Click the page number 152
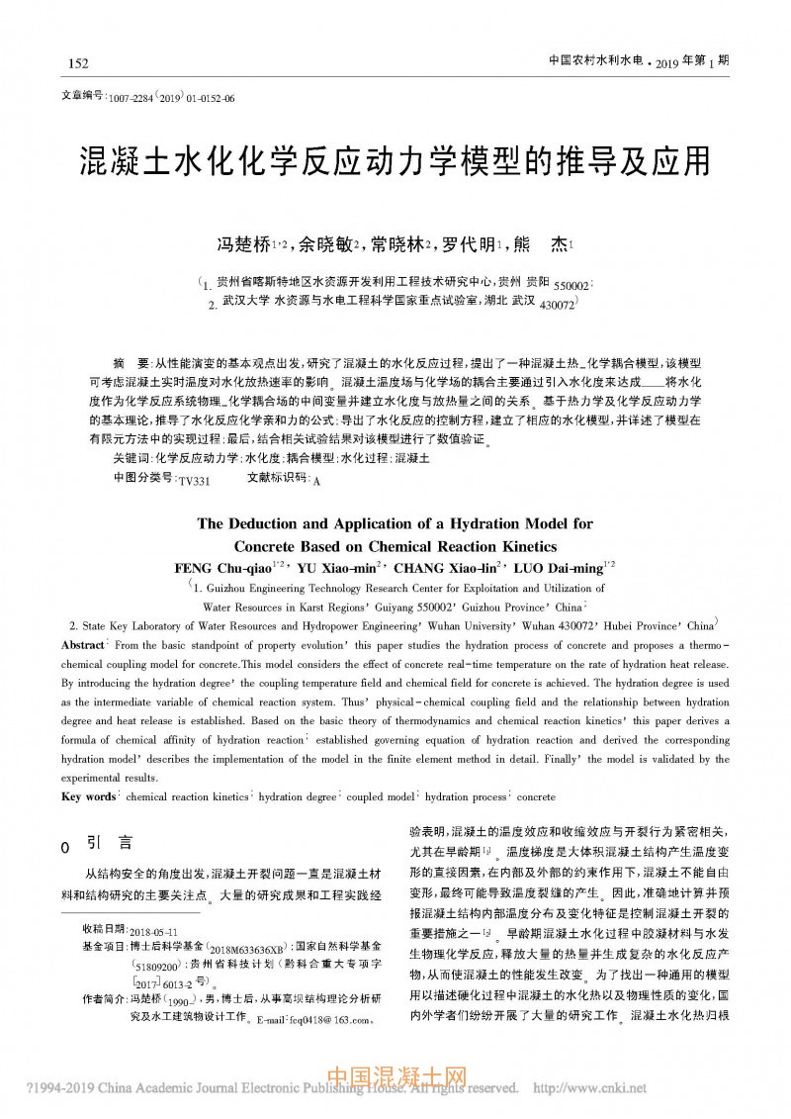[78, 64]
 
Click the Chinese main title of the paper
[395, 161]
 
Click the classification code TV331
[194, 480]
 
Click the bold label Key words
[89, 796]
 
